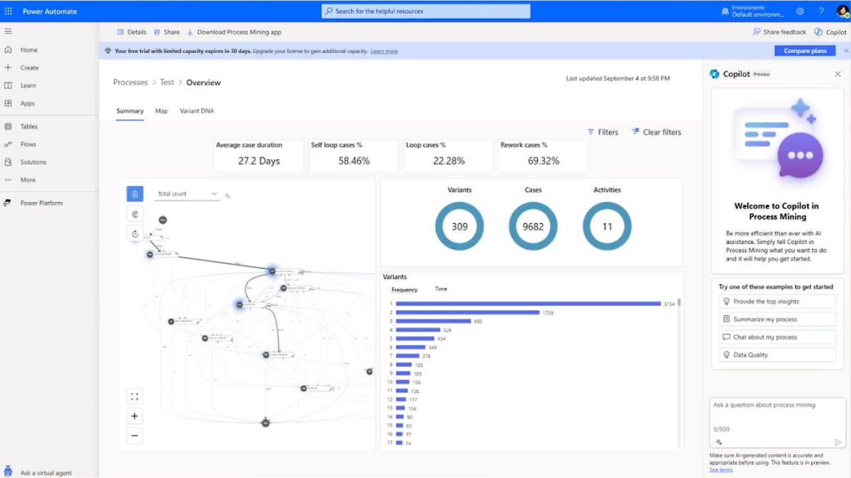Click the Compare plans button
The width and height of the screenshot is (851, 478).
point(804,51)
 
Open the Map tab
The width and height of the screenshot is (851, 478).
point(162,111)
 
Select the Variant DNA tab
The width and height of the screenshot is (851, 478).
point(197,111)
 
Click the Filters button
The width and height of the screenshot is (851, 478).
point(603,132)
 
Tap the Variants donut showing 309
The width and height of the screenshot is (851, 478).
point(459,226)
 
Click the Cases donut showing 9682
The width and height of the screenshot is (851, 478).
point(533,226)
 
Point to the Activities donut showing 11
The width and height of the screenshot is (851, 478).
point(607,226)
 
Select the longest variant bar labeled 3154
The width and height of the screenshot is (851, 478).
point(529,304)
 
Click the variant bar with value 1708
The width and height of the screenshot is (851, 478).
point(467,313)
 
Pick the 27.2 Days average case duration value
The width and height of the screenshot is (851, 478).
point(259,161)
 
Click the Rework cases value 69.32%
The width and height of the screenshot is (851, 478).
point(543,161)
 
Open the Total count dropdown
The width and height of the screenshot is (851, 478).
point(187,194)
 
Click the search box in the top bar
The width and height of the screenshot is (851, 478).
point(426,11)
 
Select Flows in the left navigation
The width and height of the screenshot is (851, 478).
point(28,144)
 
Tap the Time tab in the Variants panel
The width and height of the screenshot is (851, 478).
point(441,289)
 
